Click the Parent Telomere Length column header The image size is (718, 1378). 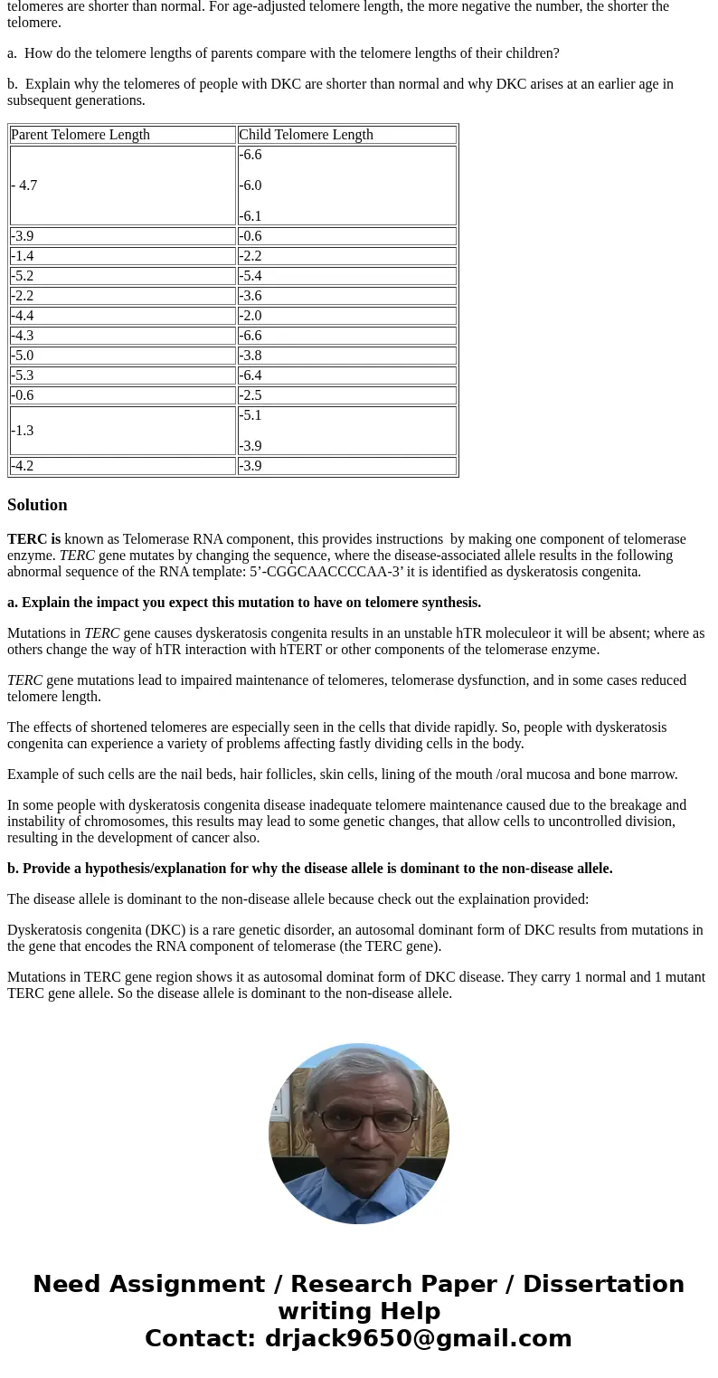click(80, 135)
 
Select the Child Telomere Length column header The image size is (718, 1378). click(306, 135)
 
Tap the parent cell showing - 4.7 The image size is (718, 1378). click(24, 185)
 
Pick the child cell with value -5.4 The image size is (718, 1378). click(250, 276)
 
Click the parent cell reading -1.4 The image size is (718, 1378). click(23, 256)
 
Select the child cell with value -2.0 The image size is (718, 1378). click(250, 316)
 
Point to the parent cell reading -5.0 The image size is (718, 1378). click(23, 356)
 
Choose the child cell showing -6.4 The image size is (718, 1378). click(250, 375)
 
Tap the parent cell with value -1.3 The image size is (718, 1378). click(23, 431)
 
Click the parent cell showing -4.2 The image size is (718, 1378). click(23, 466)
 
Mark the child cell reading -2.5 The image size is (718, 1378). click(250, 395)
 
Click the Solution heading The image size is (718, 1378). click(37, 505)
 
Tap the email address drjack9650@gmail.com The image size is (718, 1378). click(418, 1338)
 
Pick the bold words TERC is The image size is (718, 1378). click(33, 539)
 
